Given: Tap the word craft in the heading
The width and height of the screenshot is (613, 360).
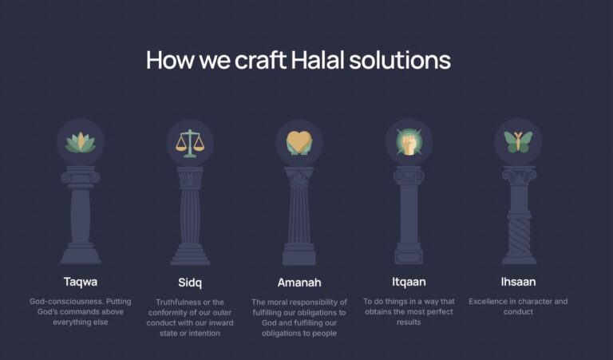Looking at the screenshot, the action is (260, 61).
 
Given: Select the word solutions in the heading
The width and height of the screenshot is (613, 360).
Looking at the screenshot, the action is (400, 61).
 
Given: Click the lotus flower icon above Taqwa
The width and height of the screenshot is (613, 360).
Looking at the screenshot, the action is (81, 142).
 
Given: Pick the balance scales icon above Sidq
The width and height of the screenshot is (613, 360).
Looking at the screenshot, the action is (190, 143).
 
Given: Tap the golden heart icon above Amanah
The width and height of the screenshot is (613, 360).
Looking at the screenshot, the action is (299, 143).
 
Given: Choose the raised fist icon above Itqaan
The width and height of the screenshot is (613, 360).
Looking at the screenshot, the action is (409, 142).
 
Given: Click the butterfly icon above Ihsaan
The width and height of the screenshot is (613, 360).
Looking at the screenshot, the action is (518, 142).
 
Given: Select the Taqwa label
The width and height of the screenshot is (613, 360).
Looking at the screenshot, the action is (81, 282).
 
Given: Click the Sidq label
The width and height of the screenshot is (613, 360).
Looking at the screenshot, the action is (190, 283).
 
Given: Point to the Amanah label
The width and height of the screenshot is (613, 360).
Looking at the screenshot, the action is (299, 283).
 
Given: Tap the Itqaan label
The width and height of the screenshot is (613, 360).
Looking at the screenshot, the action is (409, 282).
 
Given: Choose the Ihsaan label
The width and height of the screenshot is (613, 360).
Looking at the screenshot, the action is (518, 282).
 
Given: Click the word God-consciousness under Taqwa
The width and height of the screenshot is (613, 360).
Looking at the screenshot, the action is (66, 302).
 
